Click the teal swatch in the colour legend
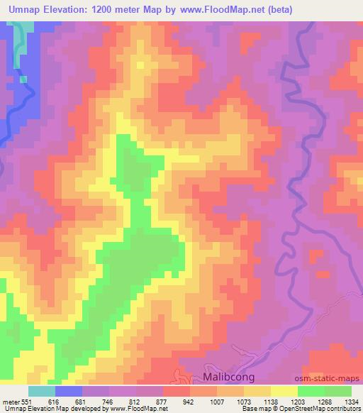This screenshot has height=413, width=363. pos(43,391)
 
